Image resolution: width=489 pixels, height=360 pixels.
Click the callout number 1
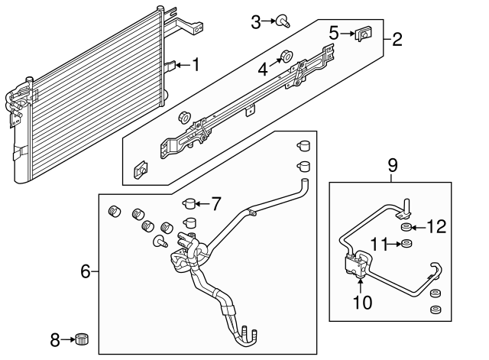click(x=196, y=65)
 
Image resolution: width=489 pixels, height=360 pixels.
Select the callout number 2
click(x=397, y=40)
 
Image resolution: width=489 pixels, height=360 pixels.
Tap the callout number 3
click(x=256, y=22)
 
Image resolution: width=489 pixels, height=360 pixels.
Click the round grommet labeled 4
click(x=287, y=56)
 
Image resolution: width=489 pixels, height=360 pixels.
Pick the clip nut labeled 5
click(x=364, y=34)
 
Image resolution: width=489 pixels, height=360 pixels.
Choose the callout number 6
click(x=86, y=271)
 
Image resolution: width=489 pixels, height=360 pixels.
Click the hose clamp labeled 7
click(x=189, y=204)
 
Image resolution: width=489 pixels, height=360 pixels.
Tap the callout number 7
click(x=216, y=204)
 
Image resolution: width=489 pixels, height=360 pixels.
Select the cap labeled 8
click(x=83, y=339)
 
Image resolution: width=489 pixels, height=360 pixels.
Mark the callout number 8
click(x=55, y=340)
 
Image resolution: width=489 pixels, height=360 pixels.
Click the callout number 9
click(x=393, y=165)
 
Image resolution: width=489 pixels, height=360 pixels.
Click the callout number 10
click(x=363, y=302)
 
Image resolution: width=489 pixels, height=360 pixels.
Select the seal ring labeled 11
click(x=406, y=243)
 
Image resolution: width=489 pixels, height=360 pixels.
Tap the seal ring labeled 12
click(x=406, y=228)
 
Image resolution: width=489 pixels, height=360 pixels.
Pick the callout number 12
click(x=436, y=226)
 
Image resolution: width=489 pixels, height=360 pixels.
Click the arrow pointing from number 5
click(x=347, y=34)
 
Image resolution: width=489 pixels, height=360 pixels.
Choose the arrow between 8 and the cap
click(x=68, y=339)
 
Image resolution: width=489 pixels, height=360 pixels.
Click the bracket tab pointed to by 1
click(x=170, y=66)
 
